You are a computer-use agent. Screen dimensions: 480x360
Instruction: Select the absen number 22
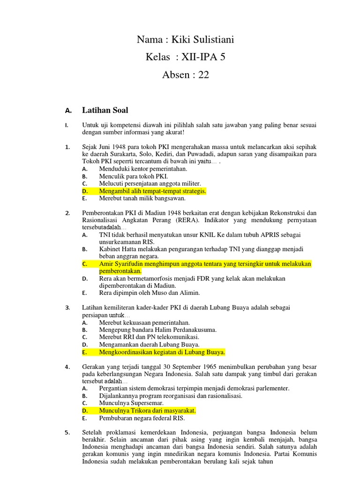[x=203, y=75]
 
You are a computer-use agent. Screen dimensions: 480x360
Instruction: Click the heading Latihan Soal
[x=105, y=111]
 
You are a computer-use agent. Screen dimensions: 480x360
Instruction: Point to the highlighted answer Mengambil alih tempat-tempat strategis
[x=152, y=191]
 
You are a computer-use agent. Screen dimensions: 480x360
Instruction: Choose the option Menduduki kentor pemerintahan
[x=143, y=169]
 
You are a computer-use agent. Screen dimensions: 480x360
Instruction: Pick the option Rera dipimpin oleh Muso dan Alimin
[x=149, y=293]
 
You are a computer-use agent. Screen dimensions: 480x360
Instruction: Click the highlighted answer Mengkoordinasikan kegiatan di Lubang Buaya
[x=162, y=352]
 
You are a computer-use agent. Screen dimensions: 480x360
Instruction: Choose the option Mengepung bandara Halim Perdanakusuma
[x=157, y=330]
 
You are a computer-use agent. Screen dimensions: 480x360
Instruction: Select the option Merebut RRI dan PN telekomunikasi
[x=149, y=337]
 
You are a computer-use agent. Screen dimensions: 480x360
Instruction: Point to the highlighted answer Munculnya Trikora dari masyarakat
[x=147, y=411]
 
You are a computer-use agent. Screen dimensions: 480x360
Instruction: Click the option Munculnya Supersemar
[x=131, y=403]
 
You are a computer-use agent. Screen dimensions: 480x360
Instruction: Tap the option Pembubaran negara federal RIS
[x=142, y=418]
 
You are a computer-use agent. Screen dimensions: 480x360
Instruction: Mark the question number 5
[x=67, y=433]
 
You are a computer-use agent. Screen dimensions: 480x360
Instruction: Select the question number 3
[x=67, y=308]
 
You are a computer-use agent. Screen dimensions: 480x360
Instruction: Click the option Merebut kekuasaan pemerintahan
[x=144, y=322]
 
